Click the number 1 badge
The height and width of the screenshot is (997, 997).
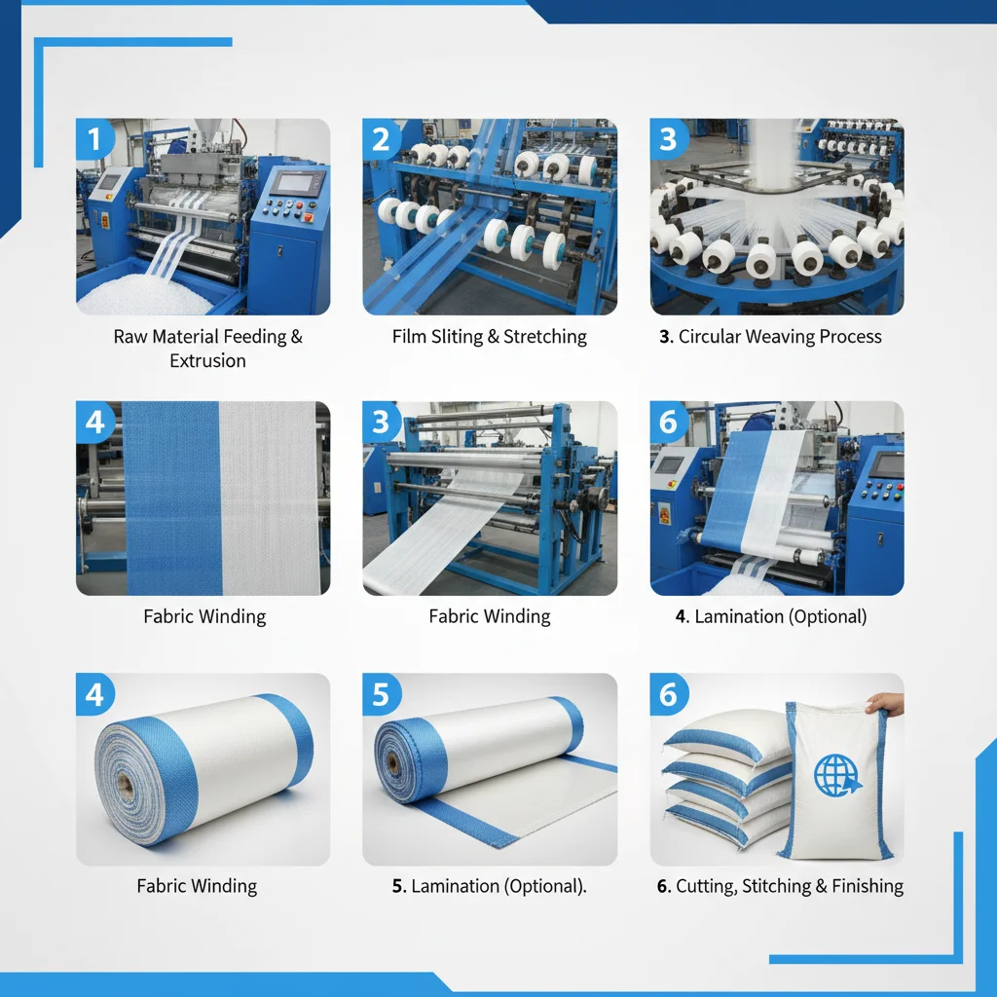94,139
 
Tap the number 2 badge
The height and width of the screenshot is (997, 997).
381,139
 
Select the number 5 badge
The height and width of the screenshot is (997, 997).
381,694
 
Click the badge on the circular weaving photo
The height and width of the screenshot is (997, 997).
668,139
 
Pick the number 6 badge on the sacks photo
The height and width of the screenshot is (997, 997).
668,694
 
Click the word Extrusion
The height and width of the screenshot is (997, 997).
207,361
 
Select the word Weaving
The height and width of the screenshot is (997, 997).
783,337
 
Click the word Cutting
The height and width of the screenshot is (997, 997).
709,886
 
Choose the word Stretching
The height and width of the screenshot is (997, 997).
546,337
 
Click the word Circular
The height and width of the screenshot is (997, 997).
713,337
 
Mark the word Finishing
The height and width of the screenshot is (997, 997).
868,886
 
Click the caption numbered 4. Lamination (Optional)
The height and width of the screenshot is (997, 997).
770,616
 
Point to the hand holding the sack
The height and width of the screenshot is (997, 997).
884,702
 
